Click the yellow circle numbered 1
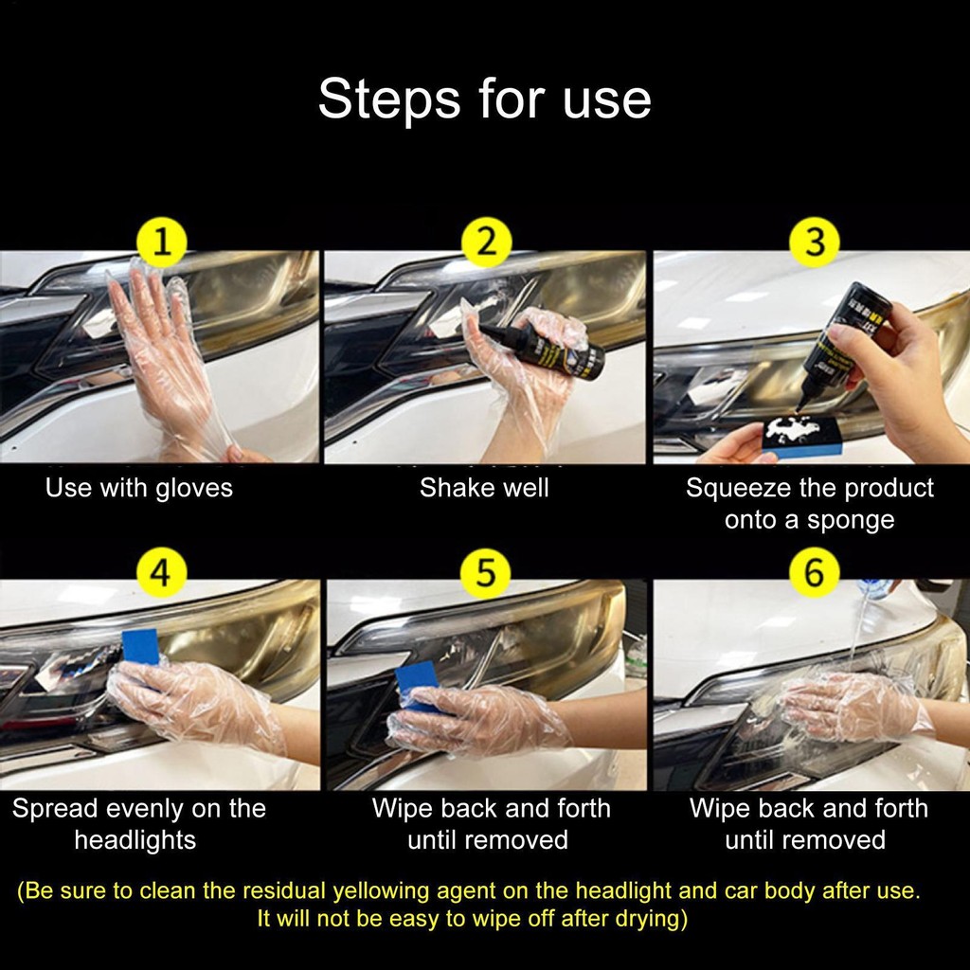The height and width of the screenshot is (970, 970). pos(161,242)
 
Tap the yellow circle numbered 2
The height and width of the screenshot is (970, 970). pos(487,242)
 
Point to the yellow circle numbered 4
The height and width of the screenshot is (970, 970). pos(160,572)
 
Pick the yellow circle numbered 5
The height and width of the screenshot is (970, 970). pos(486,572)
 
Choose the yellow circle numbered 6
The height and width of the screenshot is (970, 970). pos(814,572)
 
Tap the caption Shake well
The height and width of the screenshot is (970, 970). pos(484,488)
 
